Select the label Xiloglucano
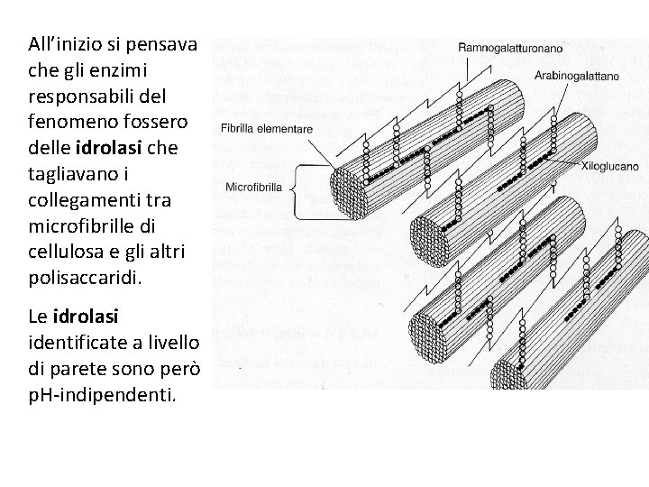click(610, 166)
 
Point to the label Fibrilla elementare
click(267, 129)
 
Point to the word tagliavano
click(71, 171)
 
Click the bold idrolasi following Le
click(86, 317)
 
